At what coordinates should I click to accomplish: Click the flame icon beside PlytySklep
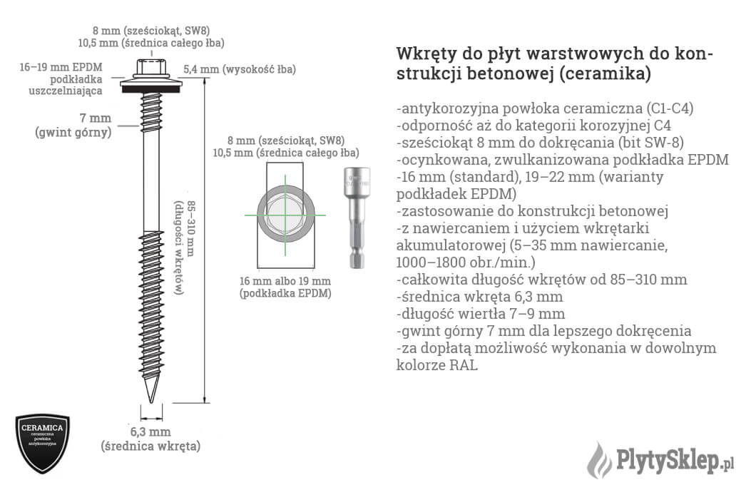click(x=601, y=461)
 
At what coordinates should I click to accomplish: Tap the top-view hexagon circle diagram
click(x=284, y=215)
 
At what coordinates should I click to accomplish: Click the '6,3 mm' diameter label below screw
click(x=150, y=432)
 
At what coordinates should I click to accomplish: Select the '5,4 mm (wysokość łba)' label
click(x=239, y=69)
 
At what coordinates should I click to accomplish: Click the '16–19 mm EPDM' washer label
click(x=61, y=66)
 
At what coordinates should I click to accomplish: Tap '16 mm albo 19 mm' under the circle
click(x=285, y=280)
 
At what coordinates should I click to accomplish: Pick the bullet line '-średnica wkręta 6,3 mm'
click(x=479, y=297)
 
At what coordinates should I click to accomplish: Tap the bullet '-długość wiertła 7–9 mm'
click(x=481, y=314)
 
